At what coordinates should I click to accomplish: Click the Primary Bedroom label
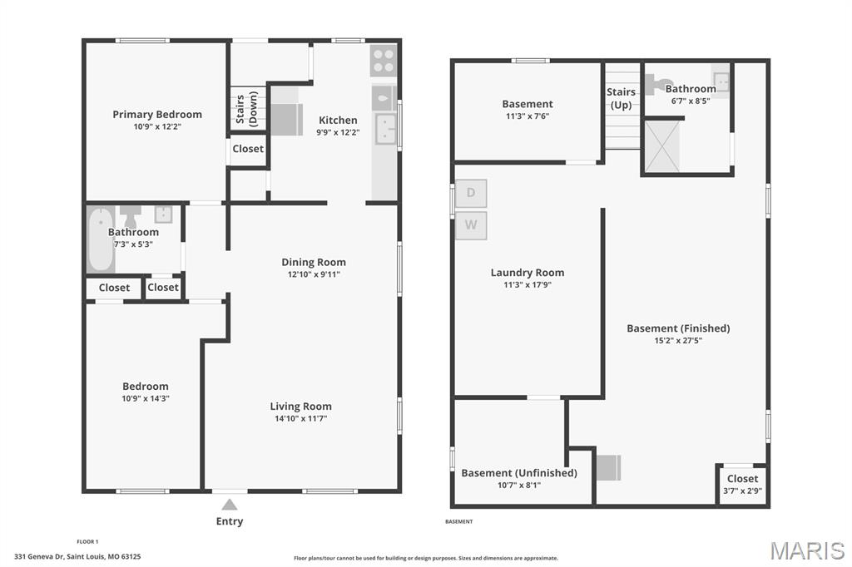point(157,115)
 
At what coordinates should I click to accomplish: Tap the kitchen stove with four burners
point(384,60)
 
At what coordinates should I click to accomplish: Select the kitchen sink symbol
point(385,129)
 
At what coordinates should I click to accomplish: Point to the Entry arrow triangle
point(230,504)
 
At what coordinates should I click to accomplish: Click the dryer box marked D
point(471,194)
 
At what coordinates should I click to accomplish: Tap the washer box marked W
point(471,225)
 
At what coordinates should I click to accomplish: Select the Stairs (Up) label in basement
point(622,98)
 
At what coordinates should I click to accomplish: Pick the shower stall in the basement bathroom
point(662,146)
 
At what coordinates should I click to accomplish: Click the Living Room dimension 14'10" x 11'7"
point(300,419)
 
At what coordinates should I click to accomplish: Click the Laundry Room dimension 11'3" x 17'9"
point(527,284)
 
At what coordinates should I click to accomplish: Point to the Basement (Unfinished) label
point(518,473)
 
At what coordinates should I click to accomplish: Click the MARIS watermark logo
point(806,550)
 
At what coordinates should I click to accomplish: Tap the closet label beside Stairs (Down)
point(247,149)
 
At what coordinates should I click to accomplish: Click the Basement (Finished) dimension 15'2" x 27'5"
point(677,340)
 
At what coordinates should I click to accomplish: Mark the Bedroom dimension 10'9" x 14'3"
point(146,398)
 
